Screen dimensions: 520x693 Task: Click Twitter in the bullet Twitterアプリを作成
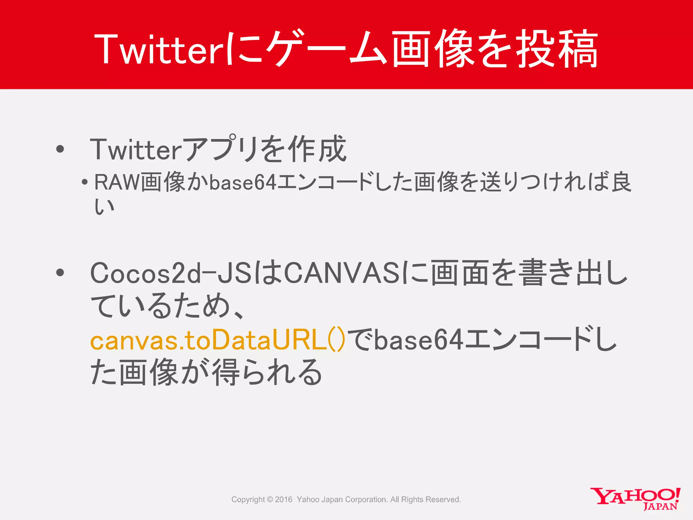pos(136,149)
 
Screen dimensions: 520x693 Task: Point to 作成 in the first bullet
pos(317,149)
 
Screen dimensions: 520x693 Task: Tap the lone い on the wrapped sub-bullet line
pos(105,207)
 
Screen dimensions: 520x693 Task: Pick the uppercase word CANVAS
pos(342,273)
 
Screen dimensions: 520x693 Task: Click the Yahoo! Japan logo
pos(635,498)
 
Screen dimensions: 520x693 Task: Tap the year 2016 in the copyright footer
pos(284,499)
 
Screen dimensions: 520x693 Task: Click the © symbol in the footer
pos(270,499)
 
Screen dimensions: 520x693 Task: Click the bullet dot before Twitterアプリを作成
pos(60,149)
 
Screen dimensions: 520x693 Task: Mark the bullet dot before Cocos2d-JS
pos(60,273)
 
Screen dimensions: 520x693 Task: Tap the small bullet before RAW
pos(85,183)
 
